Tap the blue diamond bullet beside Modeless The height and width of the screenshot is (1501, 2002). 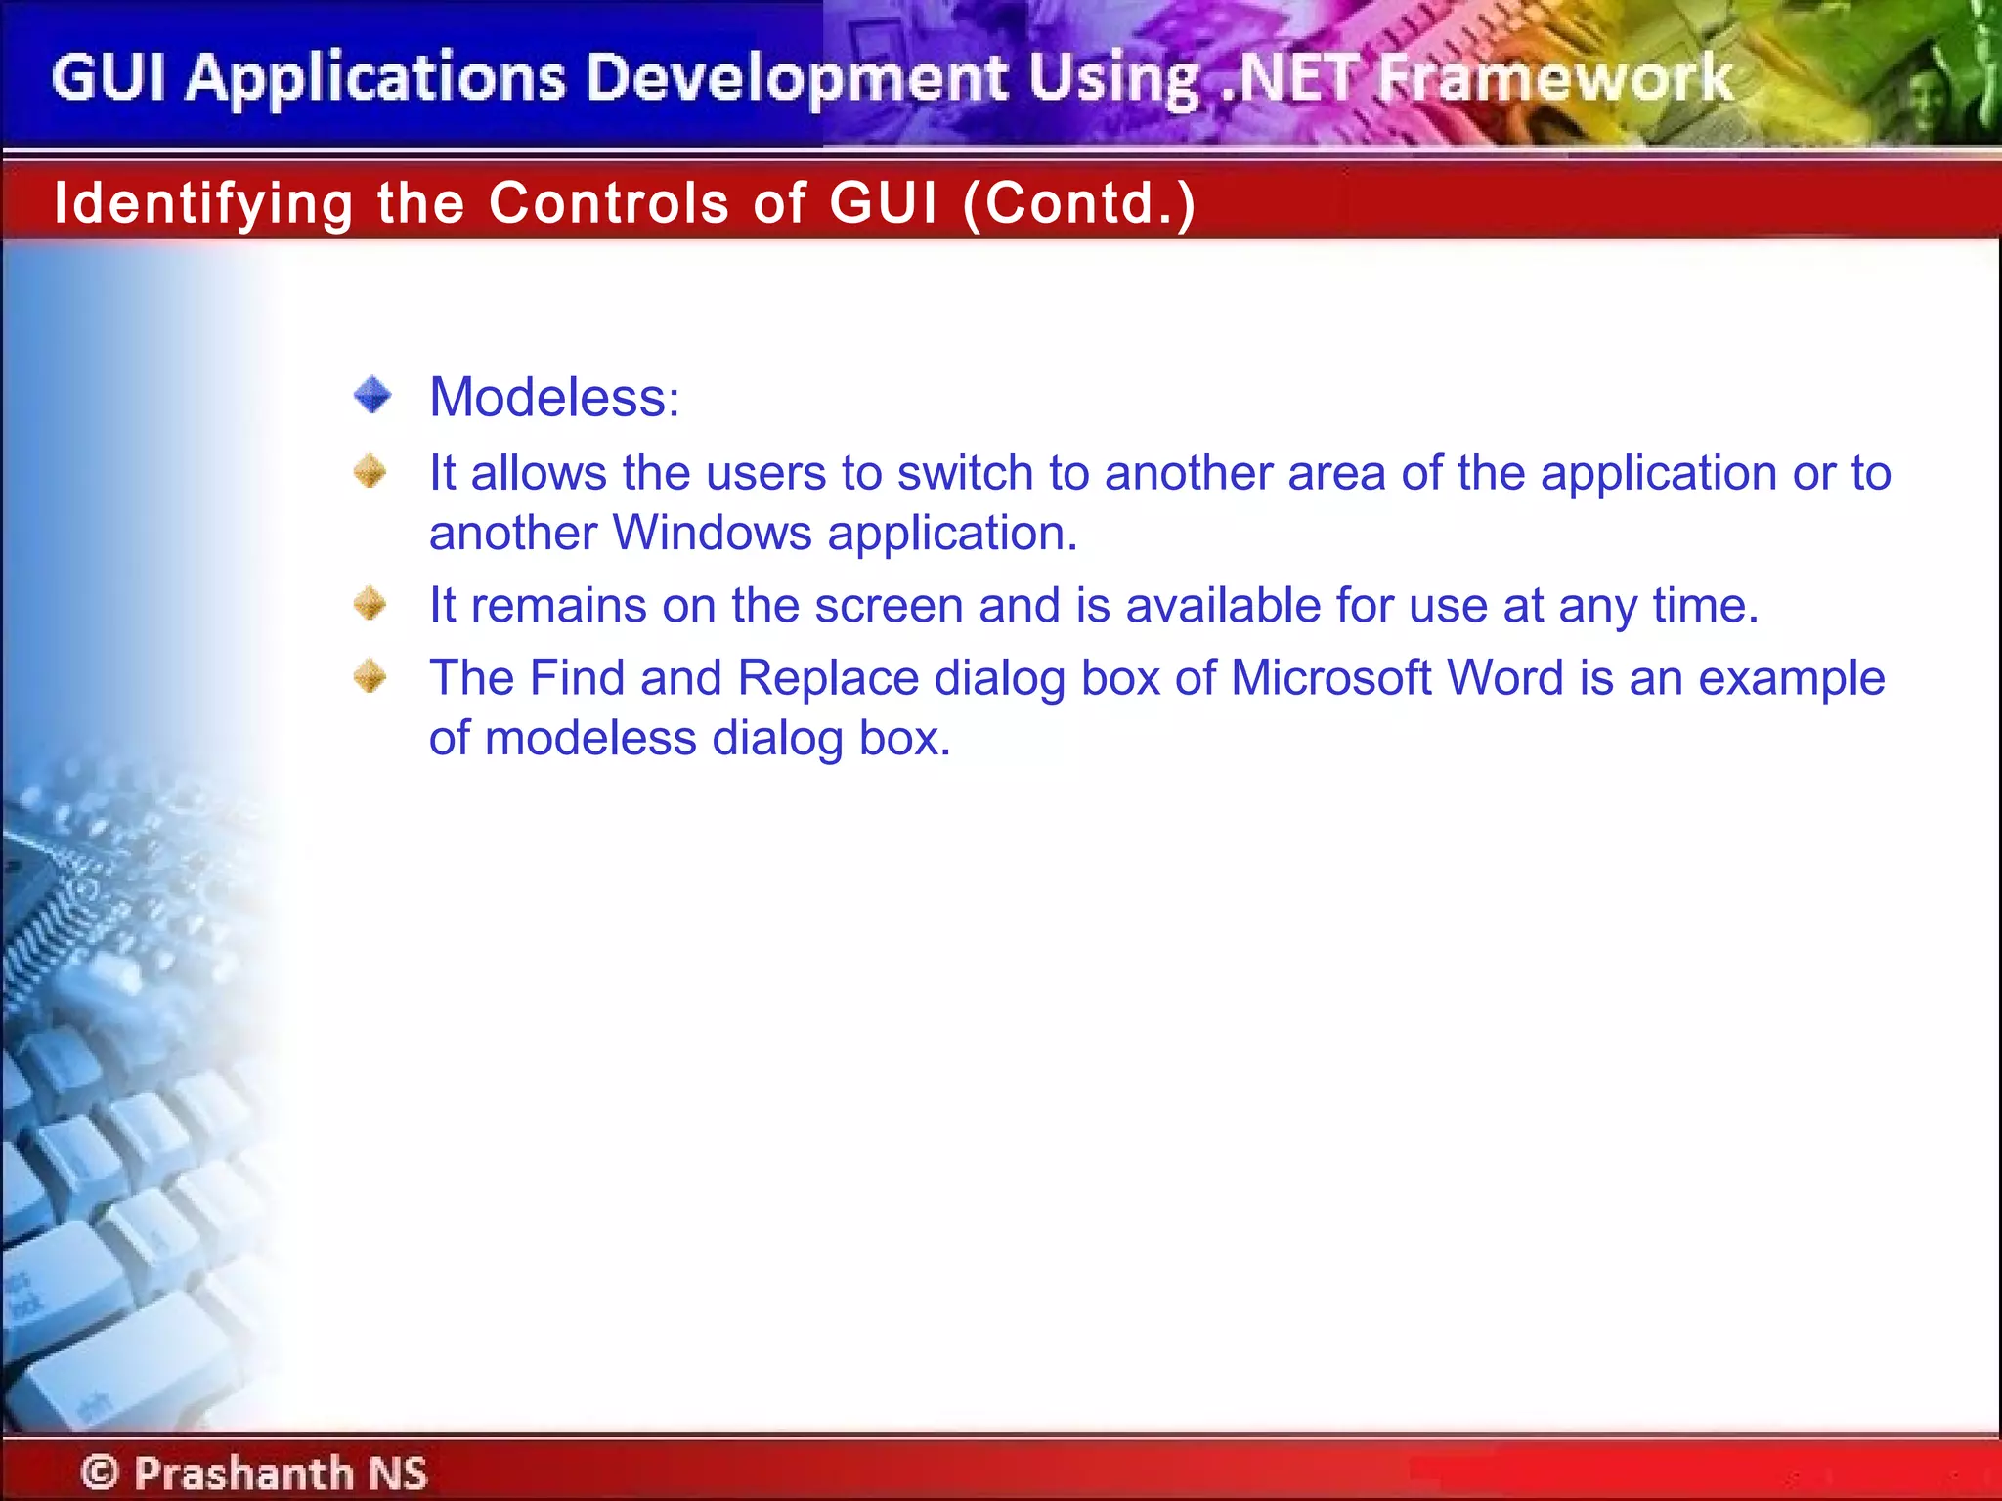click(372, 396)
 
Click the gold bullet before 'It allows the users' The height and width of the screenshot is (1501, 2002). click(370, 472)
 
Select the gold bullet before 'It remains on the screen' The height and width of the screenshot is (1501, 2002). click(370, 603)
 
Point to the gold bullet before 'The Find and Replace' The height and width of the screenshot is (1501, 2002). click(370, 676)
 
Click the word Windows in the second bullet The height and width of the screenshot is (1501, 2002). click(712, 534)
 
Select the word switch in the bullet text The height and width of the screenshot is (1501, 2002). click(965, 474)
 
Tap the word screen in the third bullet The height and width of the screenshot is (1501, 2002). click(889, 606)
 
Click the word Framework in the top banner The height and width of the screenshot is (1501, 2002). click(1554, 78)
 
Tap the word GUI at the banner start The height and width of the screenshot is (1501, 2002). click(109, 78)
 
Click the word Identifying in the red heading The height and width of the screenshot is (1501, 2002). click(203, 203)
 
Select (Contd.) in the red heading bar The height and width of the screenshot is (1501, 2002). click(1079, 203)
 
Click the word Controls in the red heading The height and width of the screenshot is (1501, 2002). click(609, 203)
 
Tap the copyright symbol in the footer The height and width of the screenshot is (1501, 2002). click(100, 1472)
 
